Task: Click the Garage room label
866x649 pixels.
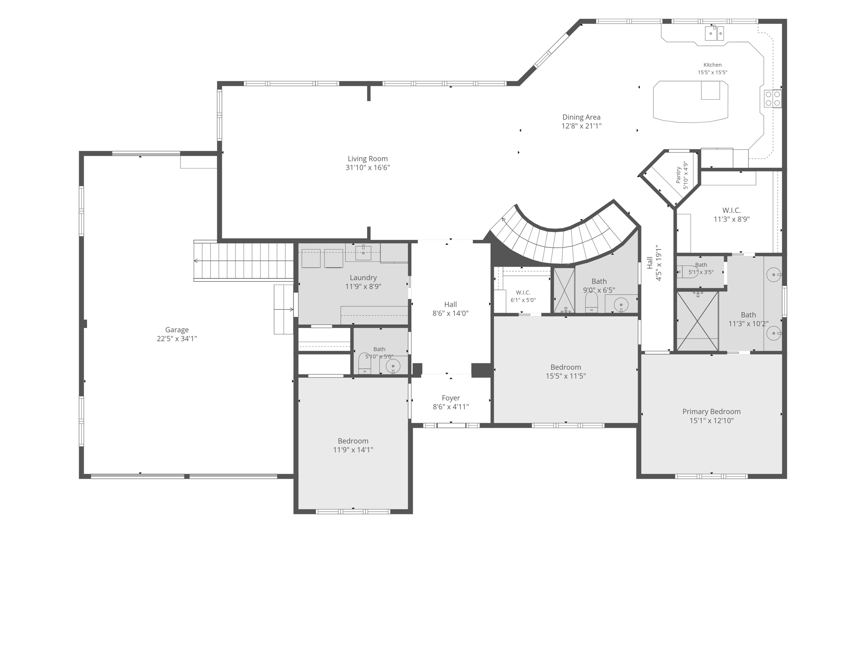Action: click(177, 330)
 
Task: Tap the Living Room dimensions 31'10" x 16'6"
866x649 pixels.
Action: click(367, 168)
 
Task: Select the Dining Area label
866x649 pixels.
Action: click(581, 117)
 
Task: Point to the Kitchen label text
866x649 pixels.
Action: click(713, 65)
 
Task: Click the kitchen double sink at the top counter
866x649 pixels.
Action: click(714, 33)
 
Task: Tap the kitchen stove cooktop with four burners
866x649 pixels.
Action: click(773, 98)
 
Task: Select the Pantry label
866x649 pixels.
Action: click(678, 175)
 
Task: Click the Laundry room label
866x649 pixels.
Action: click(363, 278)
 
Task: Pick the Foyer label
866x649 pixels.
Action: click(451, 398)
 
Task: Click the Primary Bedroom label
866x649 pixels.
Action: click(711, 412)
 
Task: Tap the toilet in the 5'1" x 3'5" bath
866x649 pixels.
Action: click(688, 272)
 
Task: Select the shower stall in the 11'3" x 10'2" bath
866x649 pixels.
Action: click(697, 321)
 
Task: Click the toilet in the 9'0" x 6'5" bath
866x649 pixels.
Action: click(592, 302)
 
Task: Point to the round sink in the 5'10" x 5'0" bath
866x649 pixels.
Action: click(393, 366)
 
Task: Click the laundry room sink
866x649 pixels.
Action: click(363, 253)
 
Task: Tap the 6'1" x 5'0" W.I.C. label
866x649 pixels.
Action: click(523, 292)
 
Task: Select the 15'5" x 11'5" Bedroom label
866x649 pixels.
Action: click(566, 367)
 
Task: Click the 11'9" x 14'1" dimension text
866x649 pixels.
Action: click(353, 450)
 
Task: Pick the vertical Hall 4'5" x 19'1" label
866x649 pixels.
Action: click(654, 263)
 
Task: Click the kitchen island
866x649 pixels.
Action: click(691, 101)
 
